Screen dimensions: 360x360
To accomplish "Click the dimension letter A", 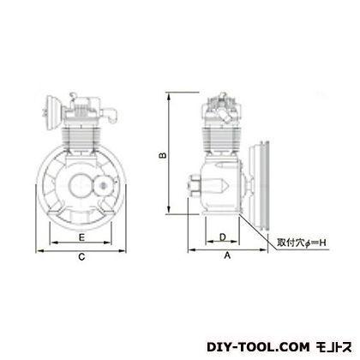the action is (227, 255).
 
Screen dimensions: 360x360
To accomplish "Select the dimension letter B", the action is (163, 155).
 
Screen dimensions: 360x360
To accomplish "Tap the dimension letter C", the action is (81, 257).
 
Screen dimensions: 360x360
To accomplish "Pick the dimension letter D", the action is (223, 237).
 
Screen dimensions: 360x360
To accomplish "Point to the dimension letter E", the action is (81, 237).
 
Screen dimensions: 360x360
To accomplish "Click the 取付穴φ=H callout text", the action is (302, 243).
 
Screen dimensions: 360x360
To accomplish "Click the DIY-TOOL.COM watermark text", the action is (258, 347).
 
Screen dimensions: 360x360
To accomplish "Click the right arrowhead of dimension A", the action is (263, 250).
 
